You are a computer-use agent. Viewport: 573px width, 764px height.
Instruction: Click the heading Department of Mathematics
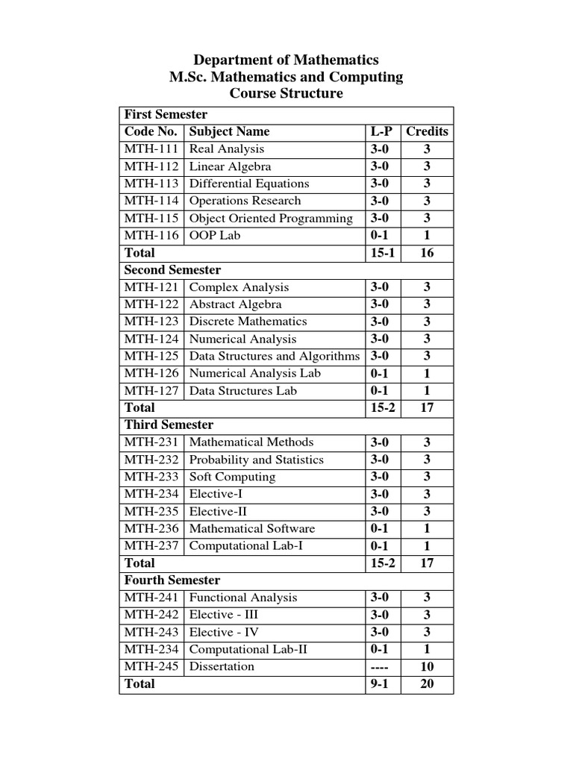(286, 60)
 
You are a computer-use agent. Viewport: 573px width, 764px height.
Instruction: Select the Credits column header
(427, 131)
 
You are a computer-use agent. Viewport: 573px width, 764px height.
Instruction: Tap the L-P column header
(381, 131)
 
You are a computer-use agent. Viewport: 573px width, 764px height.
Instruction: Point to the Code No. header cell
(151, 131)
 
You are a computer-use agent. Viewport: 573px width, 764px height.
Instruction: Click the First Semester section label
(166, 114)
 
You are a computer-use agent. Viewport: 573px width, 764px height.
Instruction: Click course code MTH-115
(151, 218)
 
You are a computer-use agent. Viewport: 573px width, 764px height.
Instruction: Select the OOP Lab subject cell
(215, 235)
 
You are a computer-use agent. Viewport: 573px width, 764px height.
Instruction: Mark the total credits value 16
(427, 253)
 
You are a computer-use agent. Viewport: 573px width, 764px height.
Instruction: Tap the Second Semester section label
(172, 269)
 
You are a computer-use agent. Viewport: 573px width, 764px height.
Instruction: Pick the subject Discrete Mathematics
(248, 322)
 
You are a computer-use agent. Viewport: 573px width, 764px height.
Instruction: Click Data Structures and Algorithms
(274, 356)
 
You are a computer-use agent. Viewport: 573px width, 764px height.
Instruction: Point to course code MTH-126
(151, 373)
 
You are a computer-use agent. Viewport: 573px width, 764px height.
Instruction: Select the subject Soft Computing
(232, 477)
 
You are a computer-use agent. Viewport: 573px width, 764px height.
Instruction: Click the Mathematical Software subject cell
(252, 528)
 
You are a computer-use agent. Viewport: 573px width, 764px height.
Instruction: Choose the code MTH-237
(151, 545)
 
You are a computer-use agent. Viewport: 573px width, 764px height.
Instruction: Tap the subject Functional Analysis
(243, 598)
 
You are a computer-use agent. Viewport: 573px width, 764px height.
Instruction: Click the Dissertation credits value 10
(427, 667)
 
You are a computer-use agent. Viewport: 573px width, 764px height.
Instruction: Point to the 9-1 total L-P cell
(380, 684)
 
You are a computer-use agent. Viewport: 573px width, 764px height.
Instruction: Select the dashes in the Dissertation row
(380, 667)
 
